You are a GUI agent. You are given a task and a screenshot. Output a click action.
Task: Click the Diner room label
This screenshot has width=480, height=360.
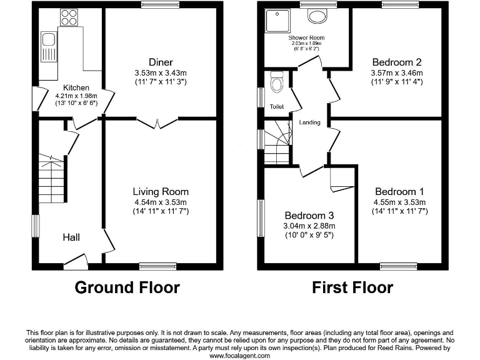point(161,62)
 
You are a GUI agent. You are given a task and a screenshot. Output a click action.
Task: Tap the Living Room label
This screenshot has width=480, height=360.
point(160,192)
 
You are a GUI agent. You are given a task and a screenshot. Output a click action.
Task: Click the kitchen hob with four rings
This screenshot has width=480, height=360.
point(68,17)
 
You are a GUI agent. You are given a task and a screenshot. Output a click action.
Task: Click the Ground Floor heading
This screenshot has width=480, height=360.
point(127,287)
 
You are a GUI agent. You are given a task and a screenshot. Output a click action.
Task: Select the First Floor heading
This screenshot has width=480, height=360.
point(352,287)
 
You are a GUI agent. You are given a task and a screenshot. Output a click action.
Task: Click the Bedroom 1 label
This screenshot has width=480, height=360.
point(399,192)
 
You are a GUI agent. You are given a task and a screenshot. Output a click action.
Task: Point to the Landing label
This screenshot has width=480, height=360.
point(309,122)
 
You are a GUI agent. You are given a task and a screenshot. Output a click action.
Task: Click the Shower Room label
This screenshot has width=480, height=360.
point(306,37)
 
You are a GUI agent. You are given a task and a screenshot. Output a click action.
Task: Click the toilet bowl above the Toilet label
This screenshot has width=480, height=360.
point(277,82)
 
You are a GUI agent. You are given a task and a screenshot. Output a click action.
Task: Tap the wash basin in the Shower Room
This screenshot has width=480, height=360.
point(319,17)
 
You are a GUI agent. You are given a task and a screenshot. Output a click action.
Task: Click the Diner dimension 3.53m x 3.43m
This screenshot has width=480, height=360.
point(161,72)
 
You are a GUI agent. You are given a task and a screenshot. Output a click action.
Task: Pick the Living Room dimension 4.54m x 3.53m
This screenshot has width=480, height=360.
point(160,202)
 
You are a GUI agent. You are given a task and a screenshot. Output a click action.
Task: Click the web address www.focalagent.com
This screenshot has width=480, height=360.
point(240,355)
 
